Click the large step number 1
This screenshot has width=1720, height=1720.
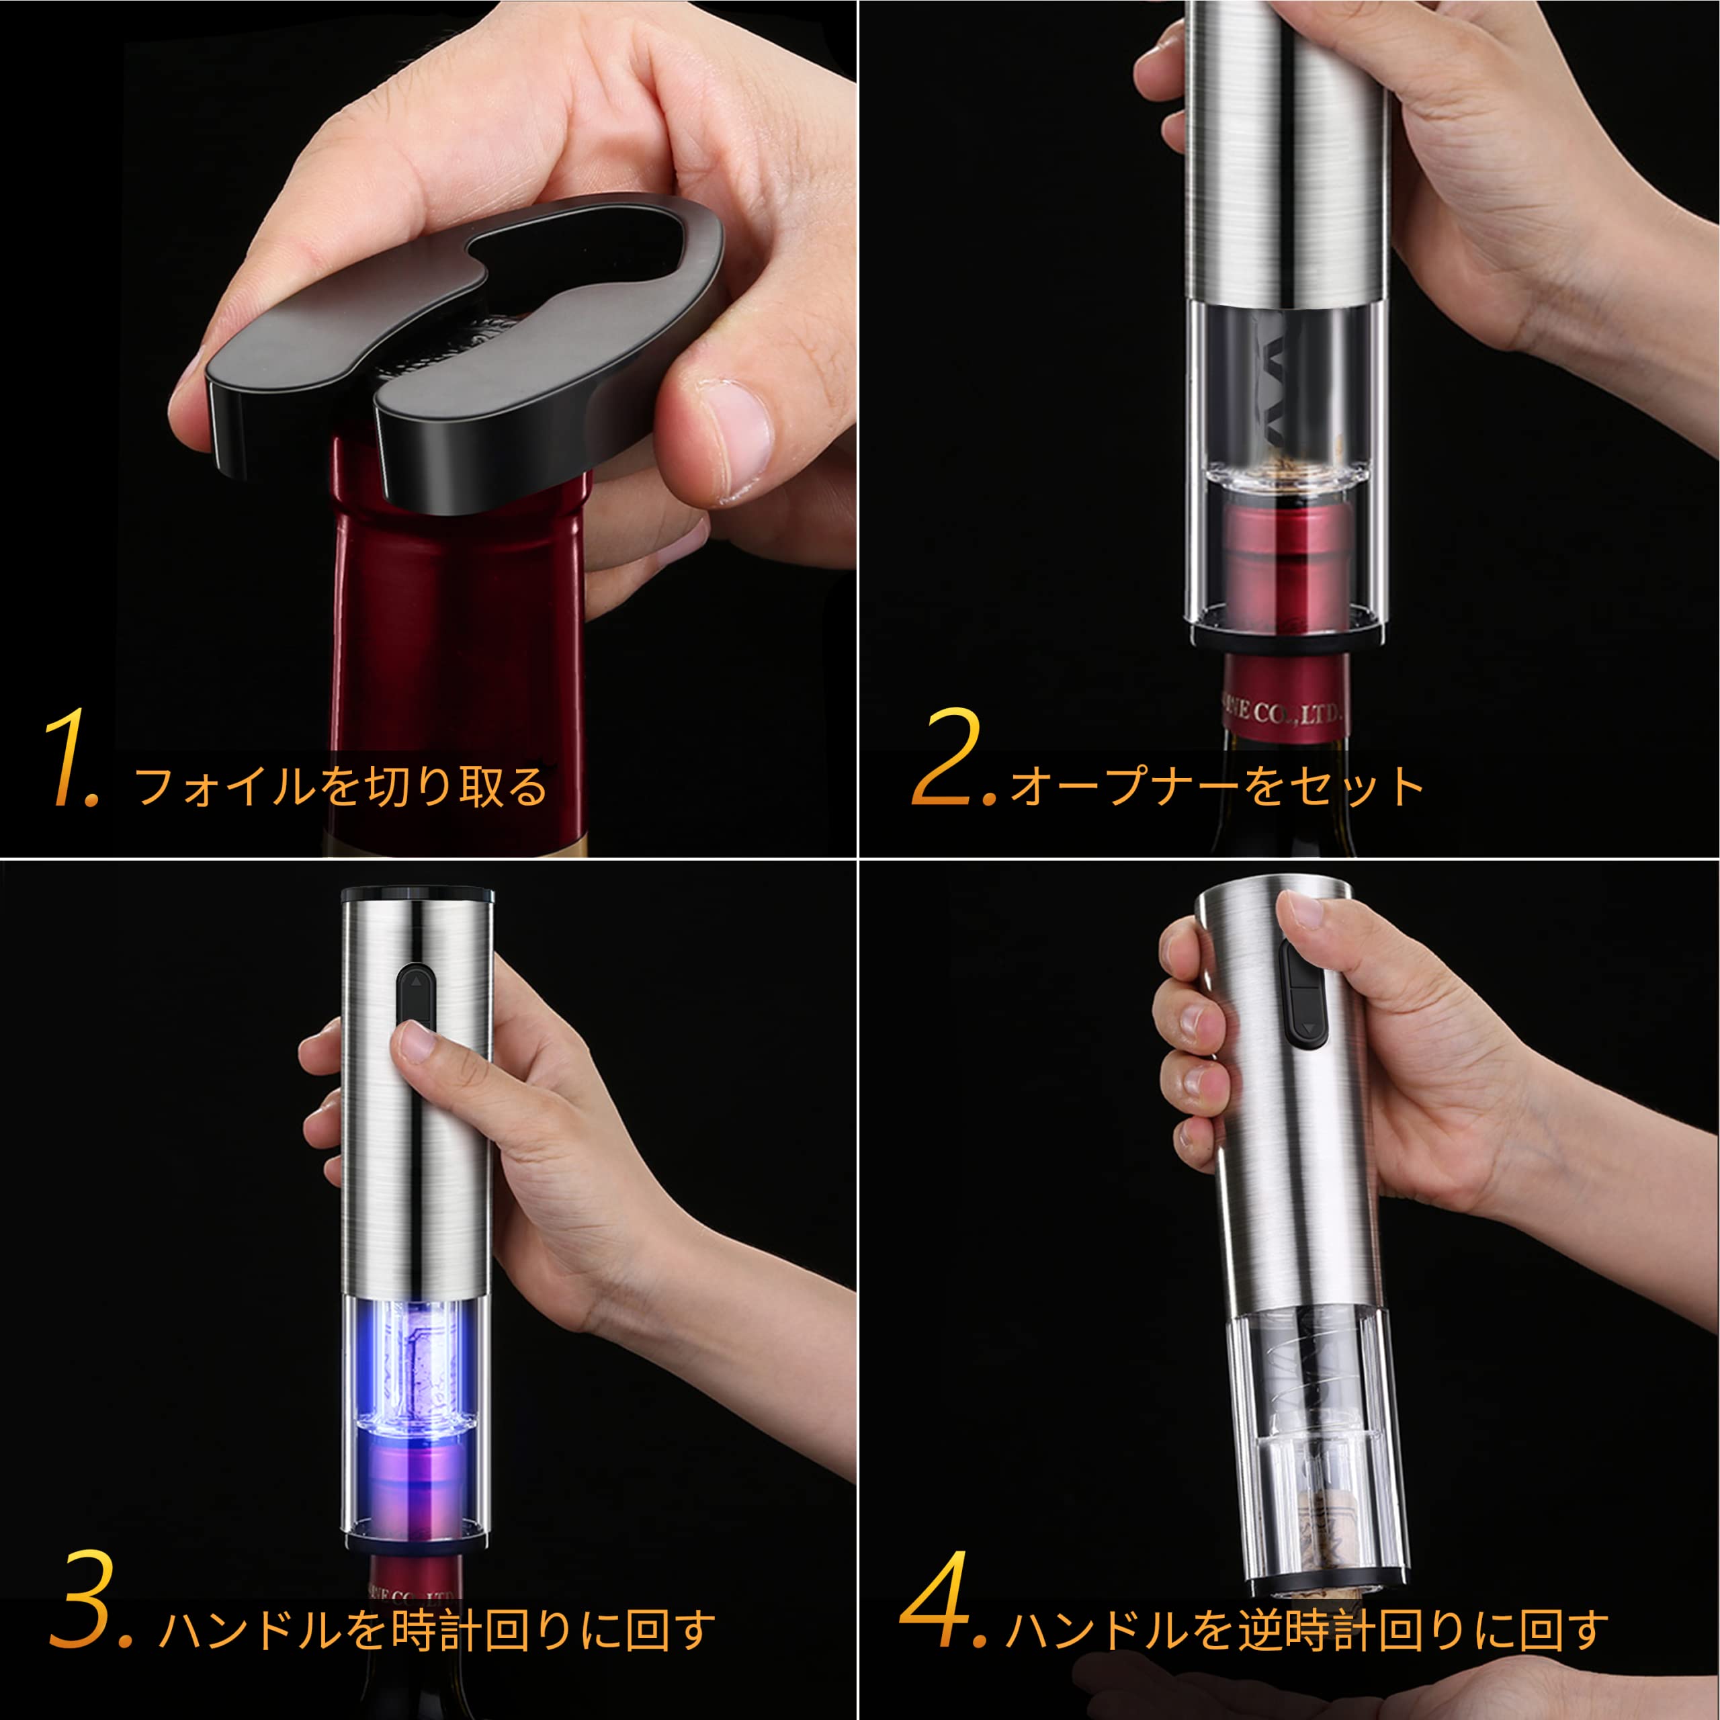coord(71,759)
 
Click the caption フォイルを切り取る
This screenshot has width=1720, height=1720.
coord(341,785)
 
